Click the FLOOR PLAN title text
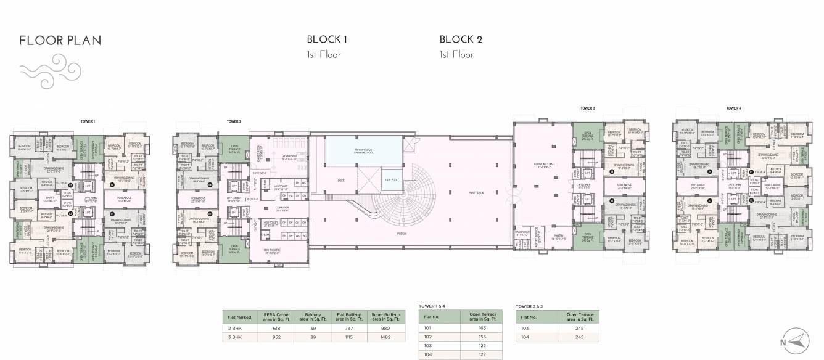tap(60, 41)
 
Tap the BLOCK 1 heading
tap(327, 39)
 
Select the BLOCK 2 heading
tap(460, 39)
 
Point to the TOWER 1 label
tap(88, 122)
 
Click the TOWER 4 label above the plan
tap(733, 108)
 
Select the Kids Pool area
tap(391, 179)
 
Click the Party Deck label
tap(476, 193)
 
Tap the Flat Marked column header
tap(239, 317)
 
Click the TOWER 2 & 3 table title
tap(532, 305)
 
